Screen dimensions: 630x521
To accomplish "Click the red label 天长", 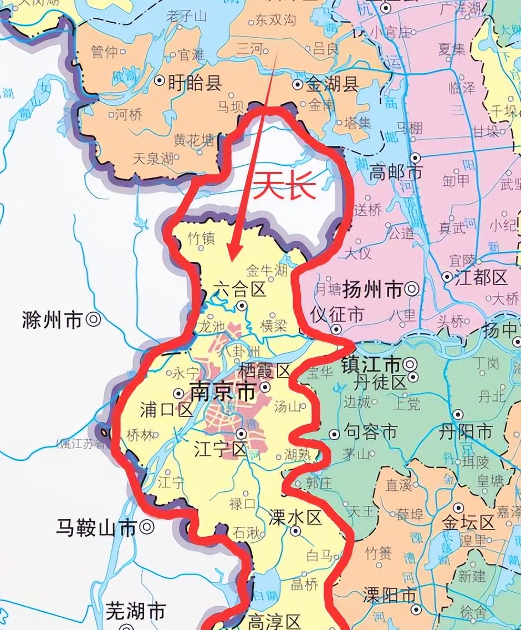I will tap(285, 187).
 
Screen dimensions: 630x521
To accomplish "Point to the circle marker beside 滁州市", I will tap(93, 319).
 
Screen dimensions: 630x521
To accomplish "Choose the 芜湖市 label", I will tap(135, 611).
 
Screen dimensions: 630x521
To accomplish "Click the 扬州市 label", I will tap(372, 289).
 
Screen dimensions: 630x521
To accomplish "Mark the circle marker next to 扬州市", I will tap(411, 288).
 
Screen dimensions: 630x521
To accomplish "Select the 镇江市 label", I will tap(371, 365).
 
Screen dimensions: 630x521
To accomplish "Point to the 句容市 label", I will tap(370, 431).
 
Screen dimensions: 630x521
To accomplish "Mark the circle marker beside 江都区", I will tap(447, 276).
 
